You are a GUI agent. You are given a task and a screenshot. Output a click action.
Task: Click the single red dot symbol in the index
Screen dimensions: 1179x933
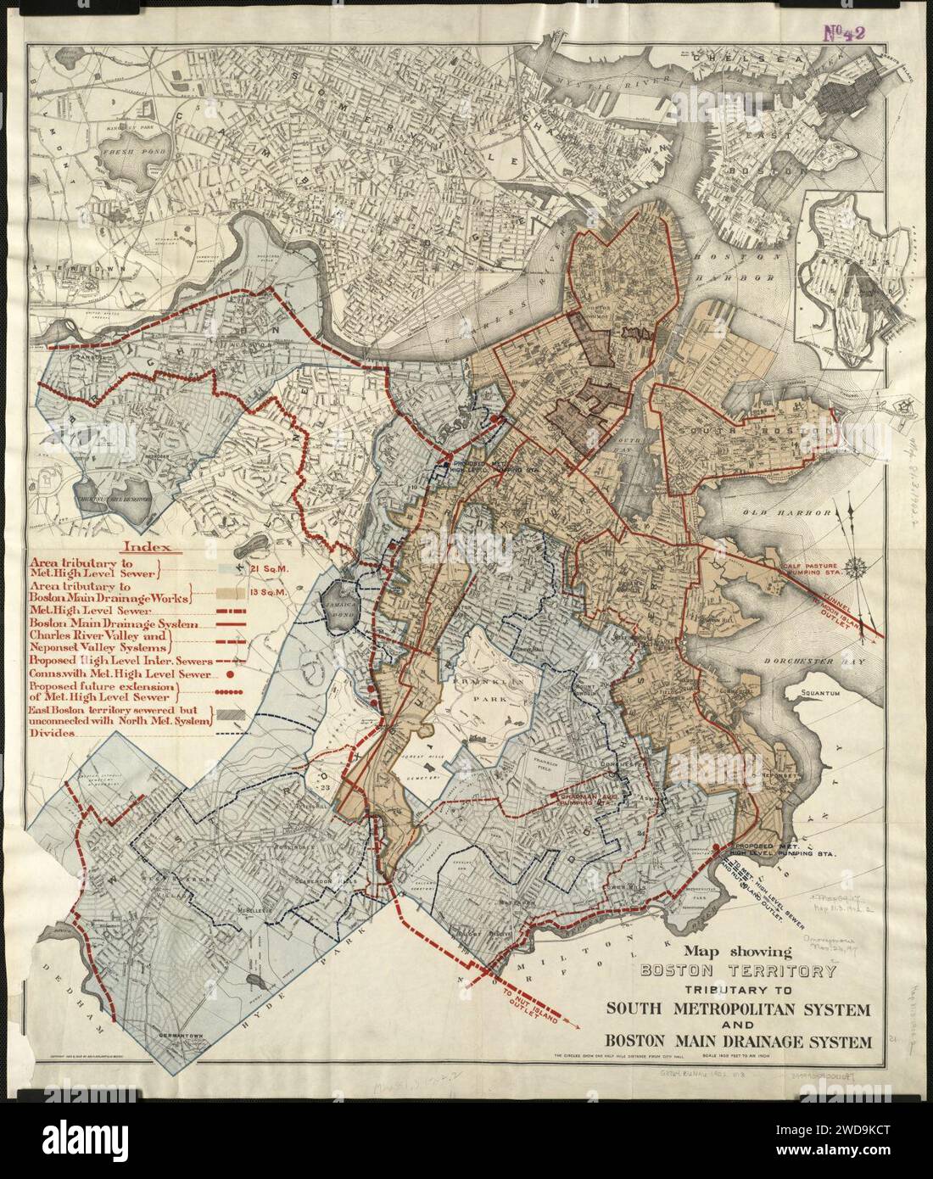coord(230,674)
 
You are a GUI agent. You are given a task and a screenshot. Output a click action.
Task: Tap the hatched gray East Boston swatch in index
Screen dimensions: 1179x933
coord(234,716)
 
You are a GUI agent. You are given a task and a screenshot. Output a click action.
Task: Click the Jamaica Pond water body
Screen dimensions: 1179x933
coord(342,605)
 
